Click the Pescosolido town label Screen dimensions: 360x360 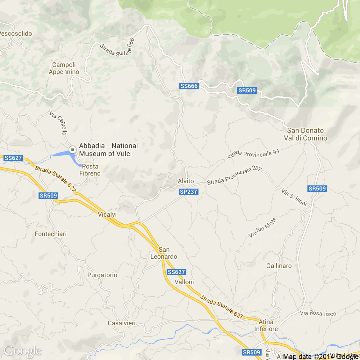pos(16,33)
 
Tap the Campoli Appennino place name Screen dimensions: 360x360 pos(64,68)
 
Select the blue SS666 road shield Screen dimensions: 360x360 pos(189,86)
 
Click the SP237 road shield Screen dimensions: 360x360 pos(188,192)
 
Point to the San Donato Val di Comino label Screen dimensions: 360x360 pos(306,134)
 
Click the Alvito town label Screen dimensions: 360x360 pos(186,181)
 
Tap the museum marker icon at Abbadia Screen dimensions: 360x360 pos(73,149)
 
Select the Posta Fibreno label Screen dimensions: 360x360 pos(90,170)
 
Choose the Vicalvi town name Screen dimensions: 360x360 pos(107,214)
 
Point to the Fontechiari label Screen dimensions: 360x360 pos(51,234)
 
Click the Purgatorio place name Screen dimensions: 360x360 pos(102,275)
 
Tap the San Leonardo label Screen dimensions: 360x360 pos(164,253)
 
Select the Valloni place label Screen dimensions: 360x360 pos(184,282)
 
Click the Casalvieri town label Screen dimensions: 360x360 pos(122,323)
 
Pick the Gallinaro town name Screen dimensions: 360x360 pos(279,266)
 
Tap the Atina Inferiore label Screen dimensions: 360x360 pos(266,325)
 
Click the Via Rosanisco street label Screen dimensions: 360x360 pos(318,313)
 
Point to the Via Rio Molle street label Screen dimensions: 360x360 pos(263,227)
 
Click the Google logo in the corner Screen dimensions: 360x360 pos(22,351)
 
